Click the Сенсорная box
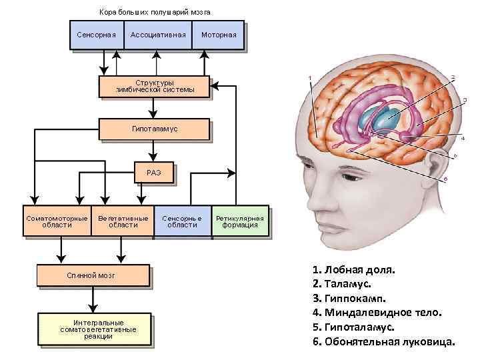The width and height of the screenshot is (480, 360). coord(97,35)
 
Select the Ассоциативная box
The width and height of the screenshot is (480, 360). coord(158,35)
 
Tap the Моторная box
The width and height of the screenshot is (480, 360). coord(218,35)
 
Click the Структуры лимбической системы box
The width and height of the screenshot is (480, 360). coord(155,87)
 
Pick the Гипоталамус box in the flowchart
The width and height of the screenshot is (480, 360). coord(155,129)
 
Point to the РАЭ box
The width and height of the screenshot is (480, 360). coord(155,173)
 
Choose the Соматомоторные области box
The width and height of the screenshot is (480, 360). coord(57,221)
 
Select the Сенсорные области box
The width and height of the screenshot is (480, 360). coord(182,221)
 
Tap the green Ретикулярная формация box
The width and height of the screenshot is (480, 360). coord(241,221)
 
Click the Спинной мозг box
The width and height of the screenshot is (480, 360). coord(93,275)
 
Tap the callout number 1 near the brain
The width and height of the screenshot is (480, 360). coord(309,79)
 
